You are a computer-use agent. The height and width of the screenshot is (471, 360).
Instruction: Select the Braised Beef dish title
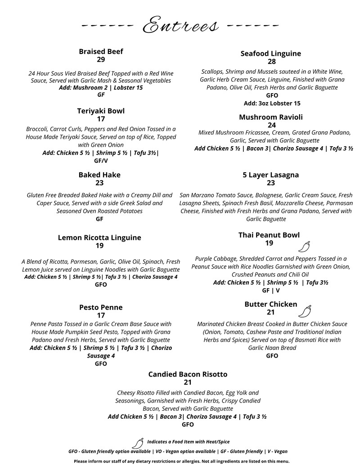101,52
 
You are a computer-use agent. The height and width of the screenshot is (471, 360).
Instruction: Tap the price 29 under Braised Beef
101,60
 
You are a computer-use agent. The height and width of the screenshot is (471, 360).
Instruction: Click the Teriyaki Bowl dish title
101,111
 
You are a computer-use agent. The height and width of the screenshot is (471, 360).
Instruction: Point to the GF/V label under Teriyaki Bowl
101,160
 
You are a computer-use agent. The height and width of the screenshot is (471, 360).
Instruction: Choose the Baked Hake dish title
99,175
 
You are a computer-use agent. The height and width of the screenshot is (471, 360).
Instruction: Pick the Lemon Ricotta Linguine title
99,238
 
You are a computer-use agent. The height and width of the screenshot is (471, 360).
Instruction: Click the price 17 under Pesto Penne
101,315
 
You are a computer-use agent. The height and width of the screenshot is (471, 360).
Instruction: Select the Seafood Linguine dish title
270,54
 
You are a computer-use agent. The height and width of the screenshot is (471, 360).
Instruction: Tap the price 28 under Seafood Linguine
272,62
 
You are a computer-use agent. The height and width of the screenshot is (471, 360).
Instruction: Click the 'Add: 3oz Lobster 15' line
272,103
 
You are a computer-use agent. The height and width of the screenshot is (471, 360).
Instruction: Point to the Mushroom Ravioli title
270,117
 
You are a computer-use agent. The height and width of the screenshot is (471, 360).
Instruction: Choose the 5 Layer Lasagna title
270,175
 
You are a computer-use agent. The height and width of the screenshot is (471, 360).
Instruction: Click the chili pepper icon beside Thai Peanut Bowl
305,247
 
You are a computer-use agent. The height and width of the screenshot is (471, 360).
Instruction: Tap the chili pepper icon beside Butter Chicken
305,311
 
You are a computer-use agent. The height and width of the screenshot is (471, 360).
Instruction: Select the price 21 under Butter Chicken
270,313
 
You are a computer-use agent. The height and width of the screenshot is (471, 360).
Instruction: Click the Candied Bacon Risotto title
188,374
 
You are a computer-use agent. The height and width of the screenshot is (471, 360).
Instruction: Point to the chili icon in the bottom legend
138,443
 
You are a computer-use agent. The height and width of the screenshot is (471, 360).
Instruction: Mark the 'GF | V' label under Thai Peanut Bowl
271,291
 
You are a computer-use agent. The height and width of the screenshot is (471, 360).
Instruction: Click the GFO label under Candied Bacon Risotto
188,424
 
